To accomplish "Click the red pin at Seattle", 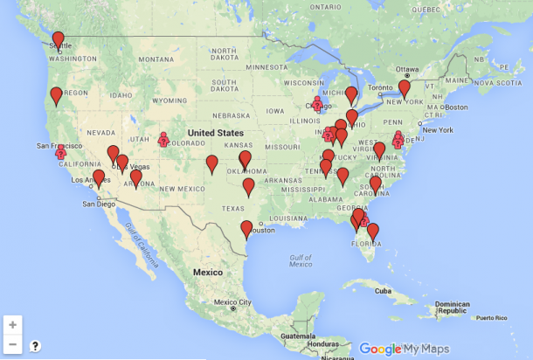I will point(59,39).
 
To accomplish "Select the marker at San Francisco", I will point(61,152).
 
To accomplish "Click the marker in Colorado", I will point(163,138).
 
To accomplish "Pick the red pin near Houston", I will point(246,228).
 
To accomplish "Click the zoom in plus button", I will point(12,324).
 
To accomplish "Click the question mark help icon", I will point(35,346).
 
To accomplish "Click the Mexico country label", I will point(208,272).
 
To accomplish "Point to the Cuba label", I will point(383,291).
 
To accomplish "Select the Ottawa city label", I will point(407,68).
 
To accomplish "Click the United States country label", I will point(216,132).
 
